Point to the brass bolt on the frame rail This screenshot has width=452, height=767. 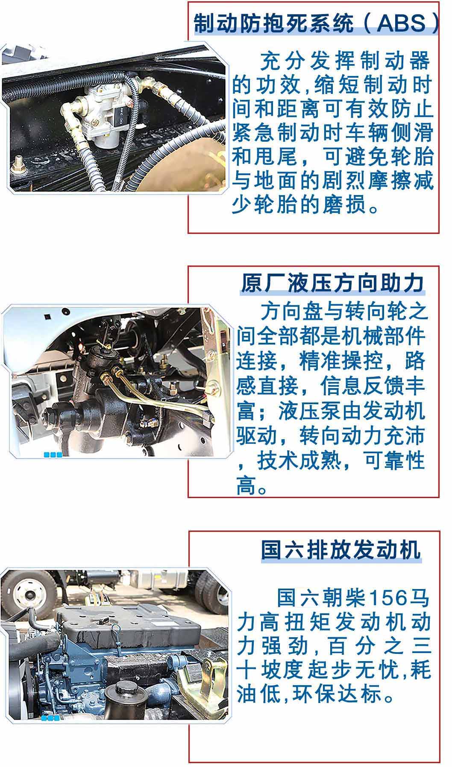point(18,164)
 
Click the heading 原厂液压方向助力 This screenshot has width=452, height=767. point(332,283)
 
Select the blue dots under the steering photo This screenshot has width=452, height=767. point(53,455)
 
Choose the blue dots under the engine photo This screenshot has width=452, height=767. point(50,718)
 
